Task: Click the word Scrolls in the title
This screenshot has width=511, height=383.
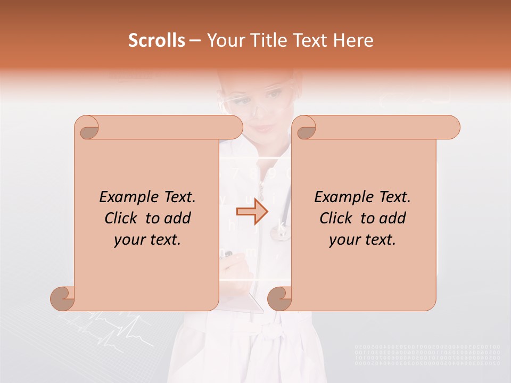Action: (157, 40)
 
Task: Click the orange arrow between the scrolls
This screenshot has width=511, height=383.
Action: (252, 212)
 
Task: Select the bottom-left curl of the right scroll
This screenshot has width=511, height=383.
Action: (280, 298)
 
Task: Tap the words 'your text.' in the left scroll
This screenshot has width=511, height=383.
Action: (147, 239)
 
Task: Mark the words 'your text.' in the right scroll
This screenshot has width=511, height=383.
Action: (362, 239)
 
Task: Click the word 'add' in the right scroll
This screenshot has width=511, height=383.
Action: (392, 218)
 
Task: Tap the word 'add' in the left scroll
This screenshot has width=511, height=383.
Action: (177, 218)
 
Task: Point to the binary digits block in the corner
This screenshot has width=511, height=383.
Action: (427, 355)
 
